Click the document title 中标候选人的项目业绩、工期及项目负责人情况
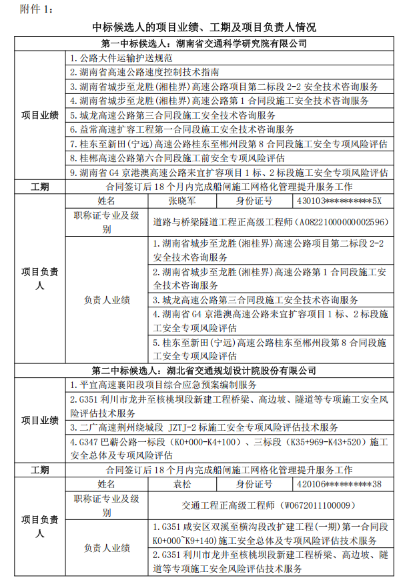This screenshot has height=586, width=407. (203, 28)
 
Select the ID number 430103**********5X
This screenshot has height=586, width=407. (339, 201)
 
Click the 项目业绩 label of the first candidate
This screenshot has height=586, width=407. (40, 115)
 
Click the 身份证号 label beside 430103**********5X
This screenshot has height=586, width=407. (254, 201)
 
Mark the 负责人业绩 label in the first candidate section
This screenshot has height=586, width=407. (107, 300)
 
